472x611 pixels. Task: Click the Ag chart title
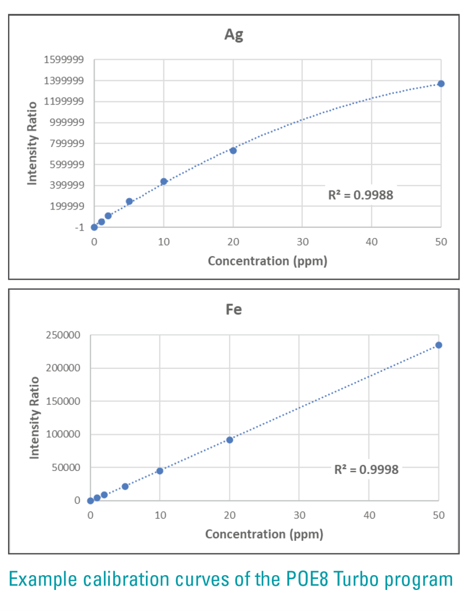tap(234, 35)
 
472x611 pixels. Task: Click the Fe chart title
tap(234, 309)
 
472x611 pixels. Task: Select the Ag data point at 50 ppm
tap(441, 84)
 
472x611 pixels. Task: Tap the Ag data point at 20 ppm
tap(233, 150)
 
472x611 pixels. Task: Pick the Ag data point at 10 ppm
tap(164, 182)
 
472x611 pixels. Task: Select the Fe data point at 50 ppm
tap(438, 345)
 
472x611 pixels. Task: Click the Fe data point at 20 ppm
tap(230, 440)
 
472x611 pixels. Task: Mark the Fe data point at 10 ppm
tap(160, 471)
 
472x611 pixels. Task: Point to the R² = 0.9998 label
tap(367, 469)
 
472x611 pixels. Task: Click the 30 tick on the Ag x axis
tap(302, 242)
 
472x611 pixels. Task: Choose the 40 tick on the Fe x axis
tap(369, 515)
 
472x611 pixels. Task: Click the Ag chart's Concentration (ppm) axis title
tap(267, 261)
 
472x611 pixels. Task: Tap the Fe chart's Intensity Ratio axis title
tap(35, 417)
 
